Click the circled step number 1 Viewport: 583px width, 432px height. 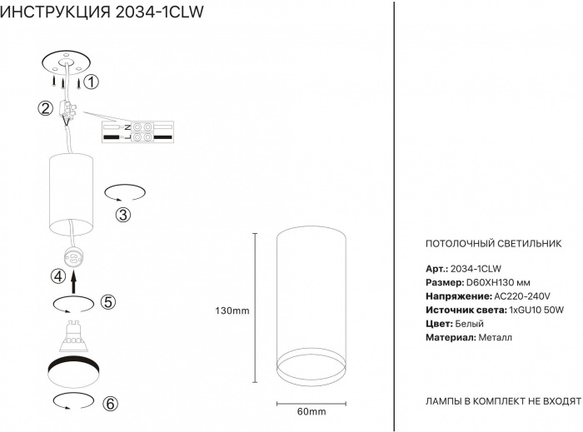(x=91, y=82)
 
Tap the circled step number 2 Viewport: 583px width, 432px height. (x=45, y=108)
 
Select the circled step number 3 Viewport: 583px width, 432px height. (x=123, y=215)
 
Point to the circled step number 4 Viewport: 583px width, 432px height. (x=58, y=276)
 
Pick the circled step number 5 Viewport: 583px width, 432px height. (x=108, y=302)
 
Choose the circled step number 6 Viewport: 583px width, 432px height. (x=110, y=404)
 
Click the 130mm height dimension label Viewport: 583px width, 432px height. (x=232, y=310)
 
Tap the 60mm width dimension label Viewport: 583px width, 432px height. (x=311, y=411)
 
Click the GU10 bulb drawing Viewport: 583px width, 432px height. (x=73, y=336)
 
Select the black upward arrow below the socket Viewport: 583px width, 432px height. (x=73, y=282)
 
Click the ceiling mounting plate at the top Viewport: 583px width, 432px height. (x=67, y=63)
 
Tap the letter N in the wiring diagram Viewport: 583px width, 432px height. (x=127, y=127)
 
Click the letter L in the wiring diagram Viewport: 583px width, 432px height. (x=127, y=137)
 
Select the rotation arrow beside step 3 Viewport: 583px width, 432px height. (x=125, y=193)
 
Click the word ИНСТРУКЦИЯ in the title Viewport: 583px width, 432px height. (x=56, y=12)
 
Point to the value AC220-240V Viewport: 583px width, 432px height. (x=521, y=296)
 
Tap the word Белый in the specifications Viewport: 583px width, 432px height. (x=469, y=324)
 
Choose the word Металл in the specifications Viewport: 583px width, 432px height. (x=496, y=338)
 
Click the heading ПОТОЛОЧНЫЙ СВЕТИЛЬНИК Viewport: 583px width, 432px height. (x=493, y=244)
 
